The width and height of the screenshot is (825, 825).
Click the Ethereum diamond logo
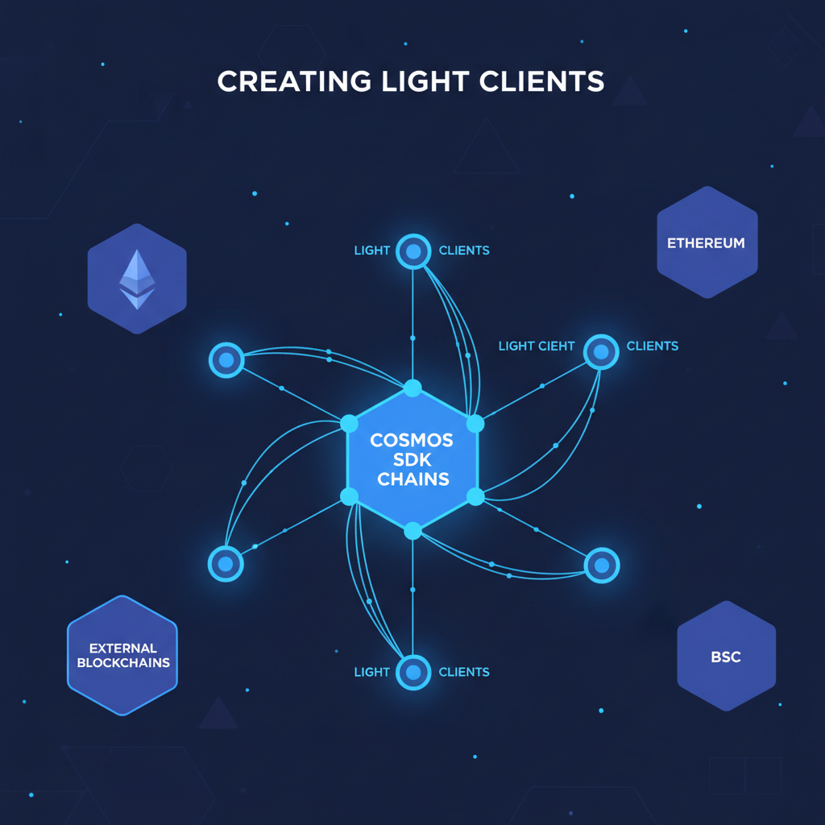(137, 279)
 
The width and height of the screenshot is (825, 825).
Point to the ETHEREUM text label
(707, 243)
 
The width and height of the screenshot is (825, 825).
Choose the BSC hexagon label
(726, 657)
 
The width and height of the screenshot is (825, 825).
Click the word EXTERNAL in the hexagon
(123, 648)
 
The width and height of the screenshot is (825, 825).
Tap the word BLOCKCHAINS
(123, 662)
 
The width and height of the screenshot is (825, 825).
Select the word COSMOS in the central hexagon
(412, 441)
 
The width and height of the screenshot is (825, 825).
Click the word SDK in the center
(412, 460)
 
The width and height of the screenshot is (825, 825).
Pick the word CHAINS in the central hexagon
(412, 479)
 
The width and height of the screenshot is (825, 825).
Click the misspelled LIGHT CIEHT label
(537, 346)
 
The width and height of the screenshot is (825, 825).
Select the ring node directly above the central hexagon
(413, 251)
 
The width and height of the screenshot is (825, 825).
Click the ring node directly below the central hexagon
(413, 671)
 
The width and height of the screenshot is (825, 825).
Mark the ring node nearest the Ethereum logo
(226, 359)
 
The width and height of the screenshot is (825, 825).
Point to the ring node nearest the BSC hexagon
(601, 565)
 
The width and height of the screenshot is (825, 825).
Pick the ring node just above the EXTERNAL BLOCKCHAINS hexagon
(226, 563)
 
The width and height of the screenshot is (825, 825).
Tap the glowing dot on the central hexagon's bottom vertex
(412, 530)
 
